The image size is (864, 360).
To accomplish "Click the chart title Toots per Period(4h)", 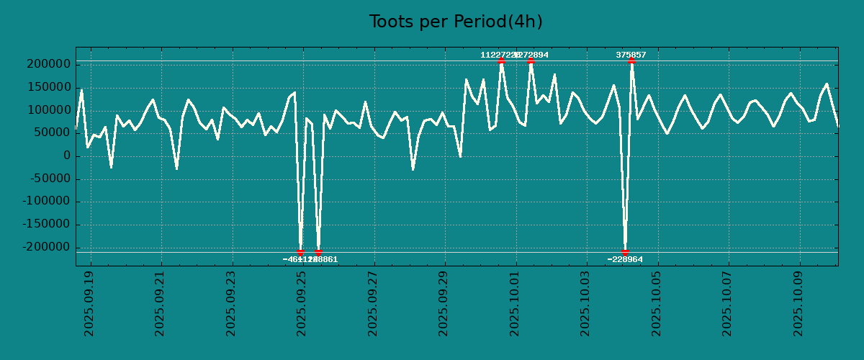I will pyautogui.click(x=456, y=22).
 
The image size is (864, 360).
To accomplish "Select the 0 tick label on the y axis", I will pyautogui.click(x=67, y=156).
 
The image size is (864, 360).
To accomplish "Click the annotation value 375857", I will pyautogui.click(x=631, y=55).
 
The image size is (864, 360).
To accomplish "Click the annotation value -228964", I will pyautogui.click(x=625, y=259).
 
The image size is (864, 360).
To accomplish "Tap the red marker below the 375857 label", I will pyautogui.click(x=631, y=61).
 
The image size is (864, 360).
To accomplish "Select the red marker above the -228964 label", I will pyautogui.click(x=625, y=252).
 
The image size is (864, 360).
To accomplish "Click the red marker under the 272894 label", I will pyautogui.click(x=531, y=61).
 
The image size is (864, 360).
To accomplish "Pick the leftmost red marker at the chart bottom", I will pyautogui.click(x=300, y=252).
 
